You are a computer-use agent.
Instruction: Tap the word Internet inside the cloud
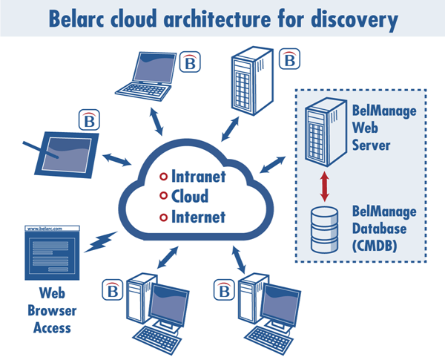pos(199,217)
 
